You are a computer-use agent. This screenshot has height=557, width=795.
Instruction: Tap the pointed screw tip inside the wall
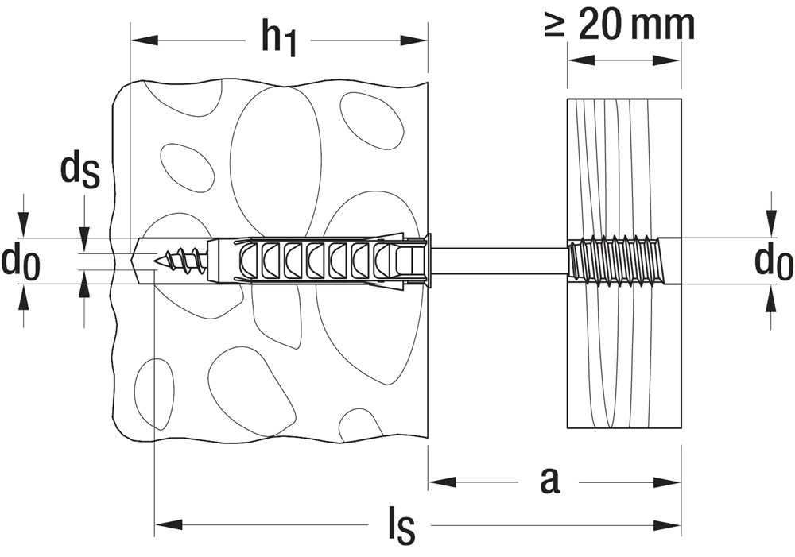click(157, 261)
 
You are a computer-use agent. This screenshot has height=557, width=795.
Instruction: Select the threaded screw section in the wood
click(613, 261)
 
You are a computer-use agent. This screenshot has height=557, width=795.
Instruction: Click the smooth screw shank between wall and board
click(499, 261)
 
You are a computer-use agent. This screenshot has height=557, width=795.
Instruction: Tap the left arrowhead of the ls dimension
click(167, 524)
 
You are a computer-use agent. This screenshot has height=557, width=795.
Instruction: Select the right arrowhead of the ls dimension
click(666, 524)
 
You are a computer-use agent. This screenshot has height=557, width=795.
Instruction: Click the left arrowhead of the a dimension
click(442, 481)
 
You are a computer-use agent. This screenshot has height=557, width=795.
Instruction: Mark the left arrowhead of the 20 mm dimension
click(581, 60)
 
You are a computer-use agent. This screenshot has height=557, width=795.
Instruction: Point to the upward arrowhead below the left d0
click(22, 297)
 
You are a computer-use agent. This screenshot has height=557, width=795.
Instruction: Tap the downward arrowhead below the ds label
click(84, 240)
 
